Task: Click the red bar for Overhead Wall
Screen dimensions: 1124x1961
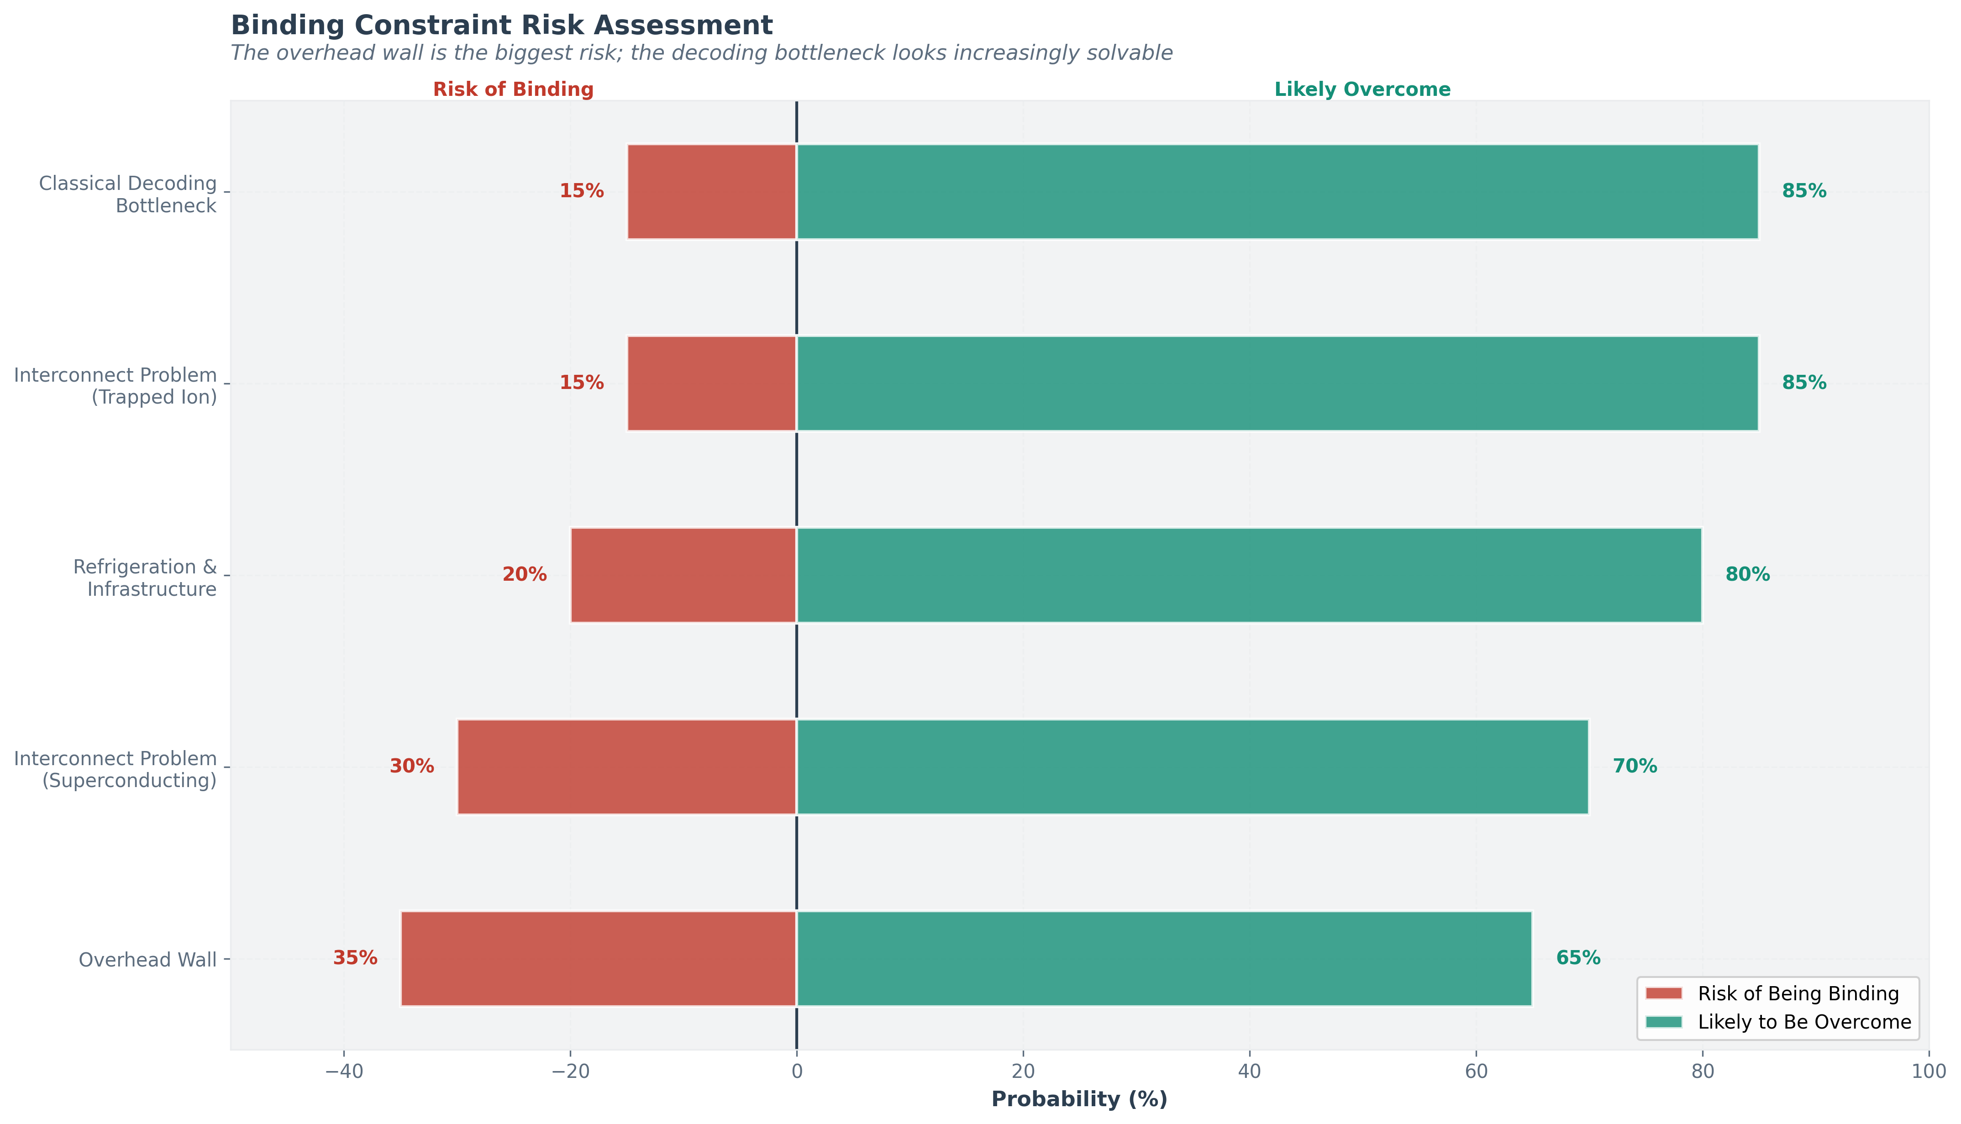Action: pyautogui.click(x=598, y=959)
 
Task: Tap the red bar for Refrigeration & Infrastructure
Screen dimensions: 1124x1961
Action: pyautogui.click(x=683, y=575)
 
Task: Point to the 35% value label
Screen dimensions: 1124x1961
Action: pyautogui.click(x=355, y=958)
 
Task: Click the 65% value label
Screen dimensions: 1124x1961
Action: pyautogui.click(x=1578, y=958)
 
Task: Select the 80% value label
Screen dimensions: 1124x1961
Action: pyautogui.click(x=1747, y=574)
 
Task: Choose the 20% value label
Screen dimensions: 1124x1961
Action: pyautogui.click(x=524, y=574)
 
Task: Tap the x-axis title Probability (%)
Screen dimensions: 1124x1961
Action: pyautogui.click(x=1079, y=1099)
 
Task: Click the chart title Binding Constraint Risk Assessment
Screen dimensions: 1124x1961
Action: pyautogui.click(x=502, y=26)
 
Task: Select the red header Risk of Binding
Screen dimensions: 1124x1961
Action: pyautogui.click(x=513, y=89)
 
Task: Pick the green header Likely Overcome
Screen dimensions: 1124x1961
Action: pyautogui.click(x=1362, y=89)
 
